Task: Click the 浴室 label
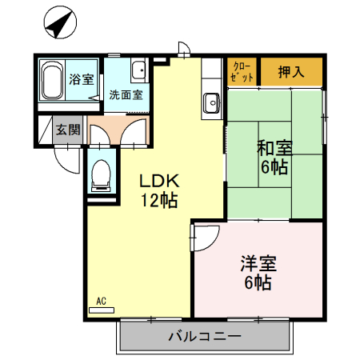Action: click(x=81, y=79)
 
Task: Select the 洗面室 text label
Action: click(x=126, y=94)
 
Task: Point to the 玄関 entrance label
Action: click(x=67, y=130)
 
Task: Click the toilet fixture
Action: click(x=102, y=174)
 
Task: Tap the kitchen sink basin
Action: click(x=212, y=102)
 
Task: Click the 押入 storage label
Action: click(x=291, y=71)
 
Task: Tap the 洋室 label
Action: click(x=258, y=262)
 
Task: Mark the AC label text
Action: click(x=102, y=301)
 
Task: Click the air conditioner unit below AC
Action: click(x=102, y=309)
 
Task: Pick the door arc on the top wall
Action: click(x=183, y=50)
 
